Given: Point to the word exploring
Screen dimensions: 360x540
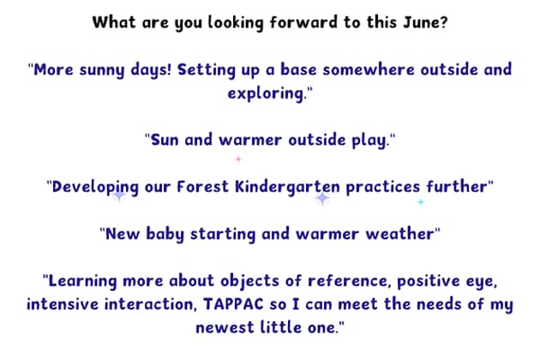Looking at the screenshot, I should [x=267, y=93].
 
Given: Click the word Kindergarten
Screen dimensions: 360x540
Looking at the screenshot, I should [x=285, y=186].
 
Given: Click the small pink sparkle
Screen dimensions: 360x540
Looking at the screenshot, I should [x=238, y=159].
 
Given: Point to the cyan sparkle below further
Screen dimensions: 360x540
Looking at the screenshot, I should [x=420, y=201].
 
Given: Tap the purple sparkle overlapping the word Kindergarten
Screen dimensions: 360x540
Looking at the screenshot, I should [x=322, y=198].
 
